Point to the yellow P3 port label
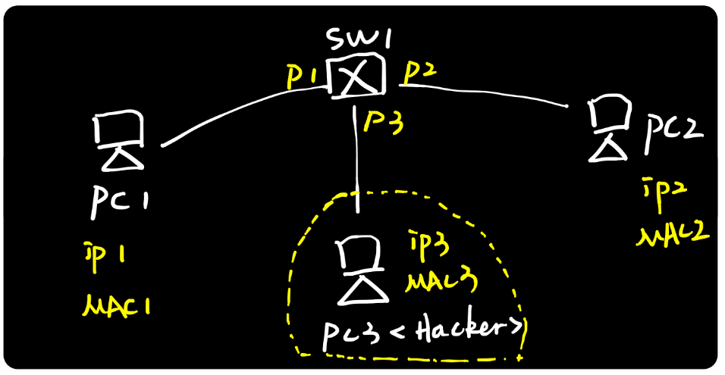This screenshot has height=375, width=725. pyautogui.click(x=383, y=120)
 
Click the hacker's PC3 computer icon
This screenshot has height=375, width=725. pyautogui.click(x=358, y=270)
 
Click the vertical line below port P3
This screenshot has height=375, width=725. pyautogui.click(x=356, y=159)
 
